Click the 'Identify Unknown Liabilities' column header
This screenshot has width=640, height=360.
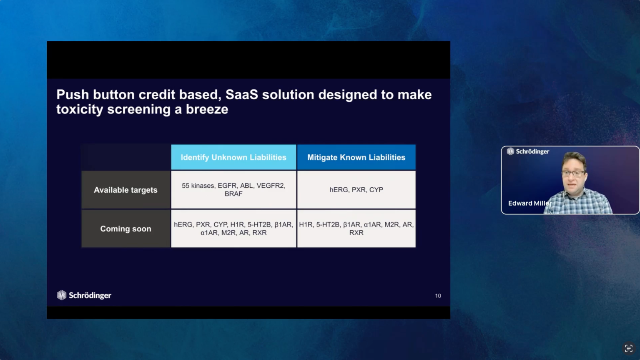tap(233, 157)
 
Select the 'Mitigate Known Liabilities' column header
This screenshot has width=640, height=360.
tap(356, 157)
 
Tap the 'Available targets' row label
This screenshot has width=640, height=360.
tap(126, 190)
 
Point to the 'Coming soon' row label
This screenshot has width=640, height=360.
tap(126, 229)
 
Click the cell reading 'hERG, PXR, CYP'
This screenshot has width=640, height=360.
tap(356, 189)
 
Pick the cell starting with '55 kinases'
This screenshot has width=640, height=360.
tap(233, 189)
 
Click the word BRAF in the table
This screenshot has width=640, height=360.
tap(233, 194)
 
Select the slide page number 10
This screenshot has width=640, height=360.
tap(438, 296)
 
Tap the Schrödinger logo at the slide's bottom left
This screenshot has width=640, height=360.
tap(84, 295)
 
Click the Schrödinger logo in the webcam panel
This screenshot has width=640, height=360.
tap(528, 151)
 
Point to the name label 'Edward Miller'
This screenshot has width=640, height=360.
tap(530, 203)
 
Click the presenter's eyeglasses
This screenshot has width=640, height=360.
tap(573, 174)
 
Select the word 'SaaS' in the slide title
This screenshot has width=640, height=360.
tap(242, 95)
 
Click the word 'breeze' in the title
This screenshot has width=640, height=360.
tap(207, 109)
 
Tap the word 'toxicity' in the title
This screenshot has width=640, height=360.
tap(80, 110)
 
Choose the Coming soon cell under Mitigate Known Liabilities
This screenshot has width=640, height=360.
tap(356, 229)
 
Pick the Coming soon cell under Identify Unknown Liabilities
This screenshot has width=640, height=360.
tap(233, 229)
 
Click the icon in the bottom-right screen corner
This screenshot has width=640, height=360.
tap(629, 348)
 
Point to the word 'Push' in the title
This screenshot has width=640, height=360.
tap(73, 95)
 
